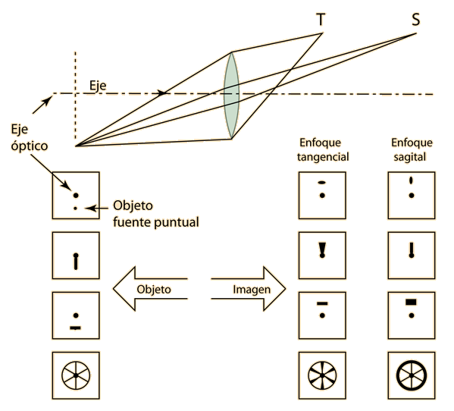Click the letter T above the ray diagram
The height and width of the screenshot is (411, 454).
pyautogui.click(x=321, y=20)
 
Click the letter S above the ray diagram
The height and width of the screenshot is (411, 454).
pyautogui.click(x=416, y=20)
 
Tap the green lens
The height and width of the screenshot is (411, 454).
pyautogui.click(x=232, y=95)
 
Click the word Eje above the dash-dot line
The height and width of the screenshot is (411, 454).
pyautogui.click(x=98, y=86)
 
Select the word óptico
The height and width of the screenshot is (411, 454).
pyautogui.click(x=30, y=146)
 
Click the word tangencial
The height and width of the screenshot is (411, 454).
pyautogui.click(x=323, y=157)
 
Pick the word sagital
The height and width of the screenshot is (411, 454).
pyautogui.click(x=409, y=157)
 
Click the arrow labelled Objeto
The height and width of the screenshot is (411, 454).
pyautogui.click(x=150, y=289)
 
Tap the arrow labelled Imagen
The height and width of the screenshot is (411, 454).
pyautogui.click(x=249, y=289)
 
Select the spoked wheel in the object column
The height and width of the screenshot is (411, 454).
pyautogui.click(x=76, y=375)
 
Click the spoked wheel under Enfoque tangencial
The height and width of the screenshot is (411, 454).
pyautogui.click(x=322, y=375)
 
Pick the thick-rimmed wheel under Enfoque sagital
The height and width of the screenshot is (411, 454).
pyautogui.click(x=412, y=375)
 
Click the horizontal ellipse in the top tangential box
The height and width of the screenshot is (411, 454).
pyautogui.click(x=322, y=183)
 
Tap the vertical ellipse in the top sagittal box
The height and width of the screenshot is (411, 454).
pyautogui.click(x=411, y=180)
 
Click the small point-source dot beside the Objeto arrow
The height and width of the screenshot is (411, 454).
pyautogui.click(x=75, y=209)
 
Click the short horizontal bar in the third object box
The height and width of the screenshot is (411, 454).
pyautogui.click(x=75, y=328)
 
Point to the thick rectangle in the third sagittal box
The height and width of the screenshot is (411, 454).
pyautogui.click(x=411, y=302)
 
